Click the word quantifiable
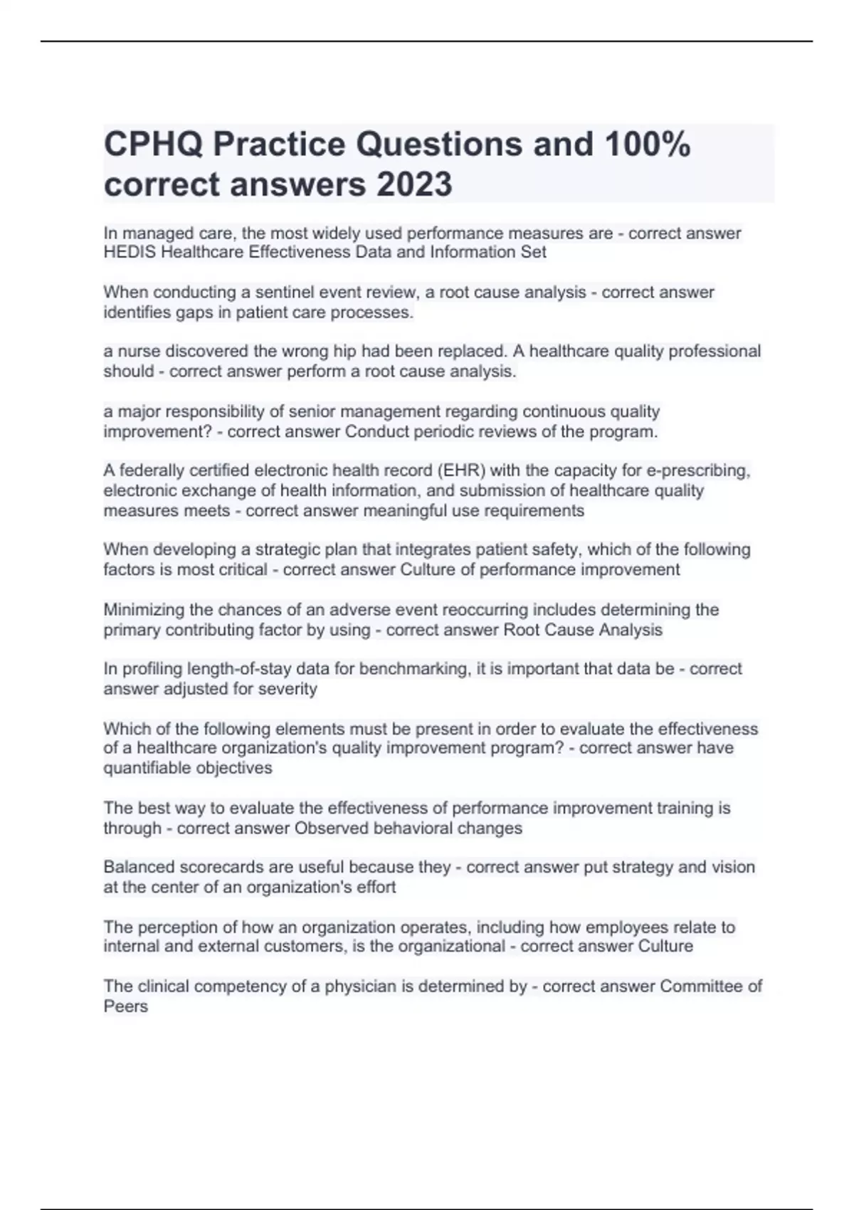(147, 768)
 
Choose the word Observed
(332, 828)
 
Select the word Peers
(126, 1006)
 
